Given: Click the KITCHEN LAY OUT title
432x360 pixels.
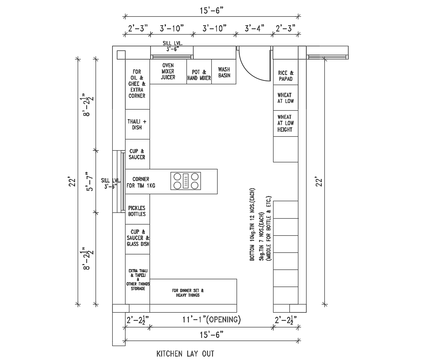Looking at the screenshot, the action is (x=185, y=353).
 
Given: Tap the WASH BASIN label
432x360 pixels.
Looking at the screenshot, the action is (x=224, y=73).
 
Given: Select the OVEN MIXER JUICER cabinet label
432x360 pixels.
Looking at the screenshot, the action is (x=168, y=71).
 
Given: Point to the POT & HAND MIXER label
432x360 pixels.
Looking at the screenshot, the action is (x=199, y=75).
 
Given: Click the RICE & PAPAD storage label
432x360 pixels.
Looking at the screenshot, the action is (x=286, y=76).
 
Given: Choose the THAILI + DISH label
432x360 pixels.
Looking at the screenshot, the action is (x=137, y=124).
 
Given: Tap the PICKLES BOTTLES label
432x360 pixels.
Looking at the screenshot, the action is (x=137, y=211).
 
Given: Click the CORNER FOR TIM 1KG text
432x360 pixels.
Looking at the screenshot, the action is (x=141, y=183).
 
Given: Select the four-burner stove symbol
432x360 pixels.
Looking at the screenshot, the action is (x=186, y=181).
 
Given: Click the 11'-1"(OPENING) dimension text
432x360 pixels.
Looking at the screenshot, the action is (x=211, y=320).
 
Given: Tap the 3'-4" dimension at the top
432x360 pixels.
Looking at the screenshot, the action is (x=254, y=28).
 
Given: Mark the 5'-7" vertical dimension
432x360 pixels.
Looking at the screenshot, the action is (x=89, y=181).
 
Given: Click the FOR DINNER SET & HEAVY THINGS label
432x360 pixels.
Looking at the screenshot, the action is (x=188, y=293).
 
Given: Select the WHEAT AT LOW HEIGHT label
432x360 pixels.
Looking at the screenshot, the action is (x=285, y=123).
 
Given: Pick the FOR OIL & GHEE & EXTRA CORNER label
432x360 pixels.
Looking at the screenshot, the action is (x=137, y=83).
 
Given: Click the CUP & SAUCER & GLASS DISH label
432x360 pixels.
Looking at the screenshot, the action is (x=138, y=238).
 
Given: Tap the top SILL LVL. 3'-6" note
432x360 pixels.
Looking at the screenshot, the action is (x=172, y=46).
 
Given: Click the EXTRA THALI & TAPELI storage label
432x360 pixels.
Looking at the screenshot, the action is (x=137, y=279).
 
